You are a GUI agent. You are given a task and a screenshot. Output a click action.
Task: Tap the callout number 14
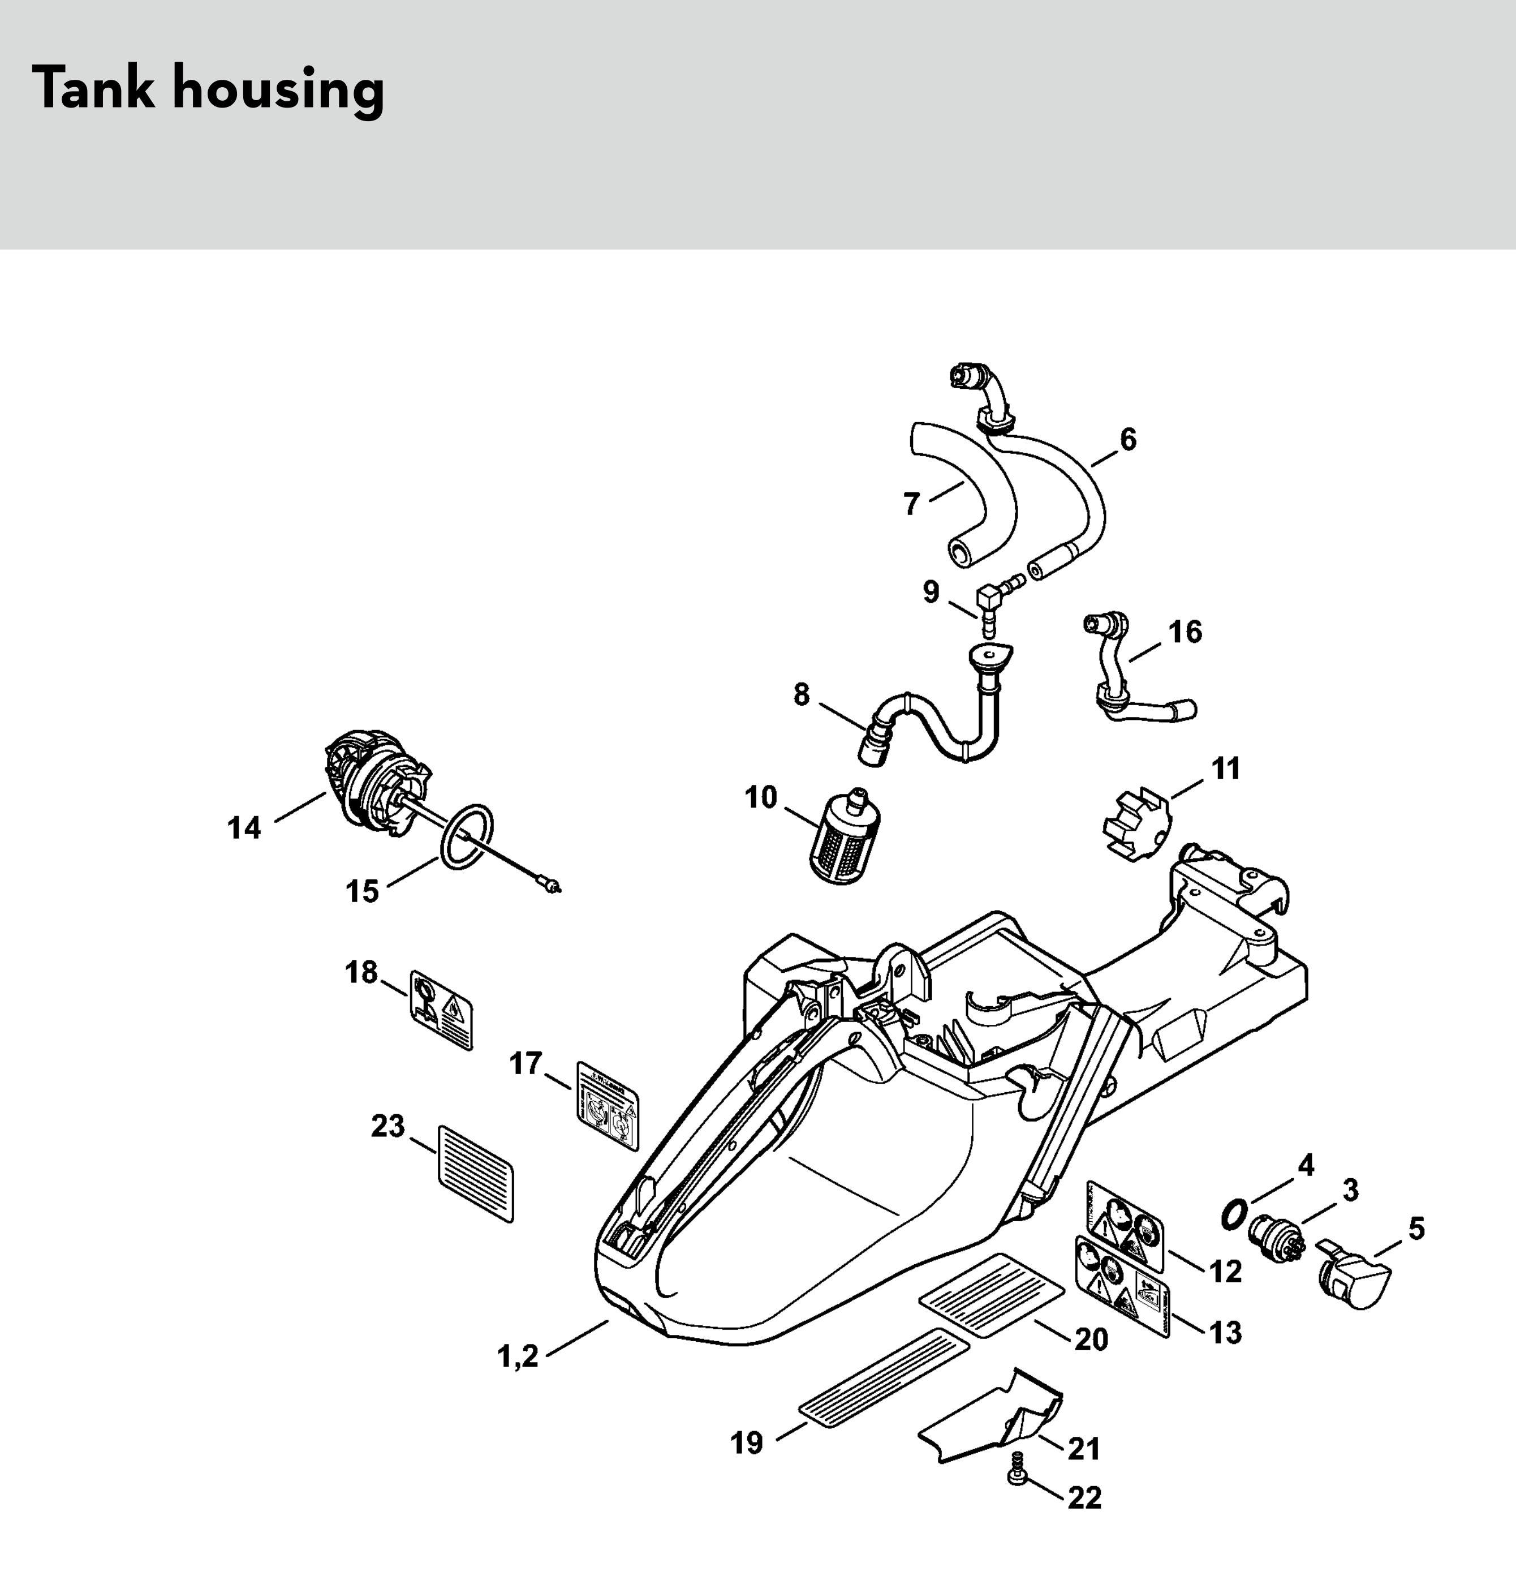pos(244,828)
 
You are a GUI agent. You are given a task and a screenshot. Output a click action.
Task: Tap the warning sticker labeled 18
pos(441,1011)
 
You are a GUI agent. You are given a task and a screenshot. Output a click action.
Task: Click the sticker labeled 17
pos(608,1106)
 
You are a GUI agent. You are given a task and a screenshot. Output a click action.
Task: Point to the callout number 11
pos(1226,768)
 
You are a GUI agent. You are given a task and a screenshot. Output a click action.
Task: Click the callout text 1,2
pos(518,1356)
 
